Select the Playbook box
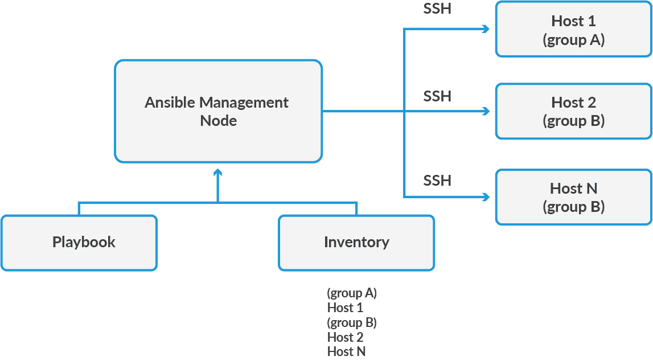[79, 242]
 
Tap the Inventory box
[356, 242]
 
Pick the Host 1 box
[573, 30]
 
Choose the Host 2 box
[573, 111]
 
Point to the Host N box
[573, 197]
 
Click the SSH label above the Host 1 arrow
[437, 9]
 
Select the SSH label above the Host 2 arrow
[437, 96]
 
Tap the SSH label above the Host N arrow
[437, 181]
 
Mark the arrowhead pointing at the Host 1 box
[486, 29]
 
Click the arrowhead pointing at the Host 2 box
[486, 112]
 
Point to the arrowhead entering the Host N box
[486, 197]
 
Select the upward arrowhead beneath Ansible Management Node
[217, 172]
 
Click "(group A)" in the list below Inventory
[352, 293]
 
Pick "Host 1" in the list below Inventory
[345, 308]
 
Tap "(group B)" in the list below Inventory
[352, 322]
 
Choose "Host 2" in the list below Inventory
[345, 337]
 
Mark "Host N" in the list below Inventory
[346, 351]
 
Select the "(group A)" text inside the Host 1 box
[573, 40]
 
